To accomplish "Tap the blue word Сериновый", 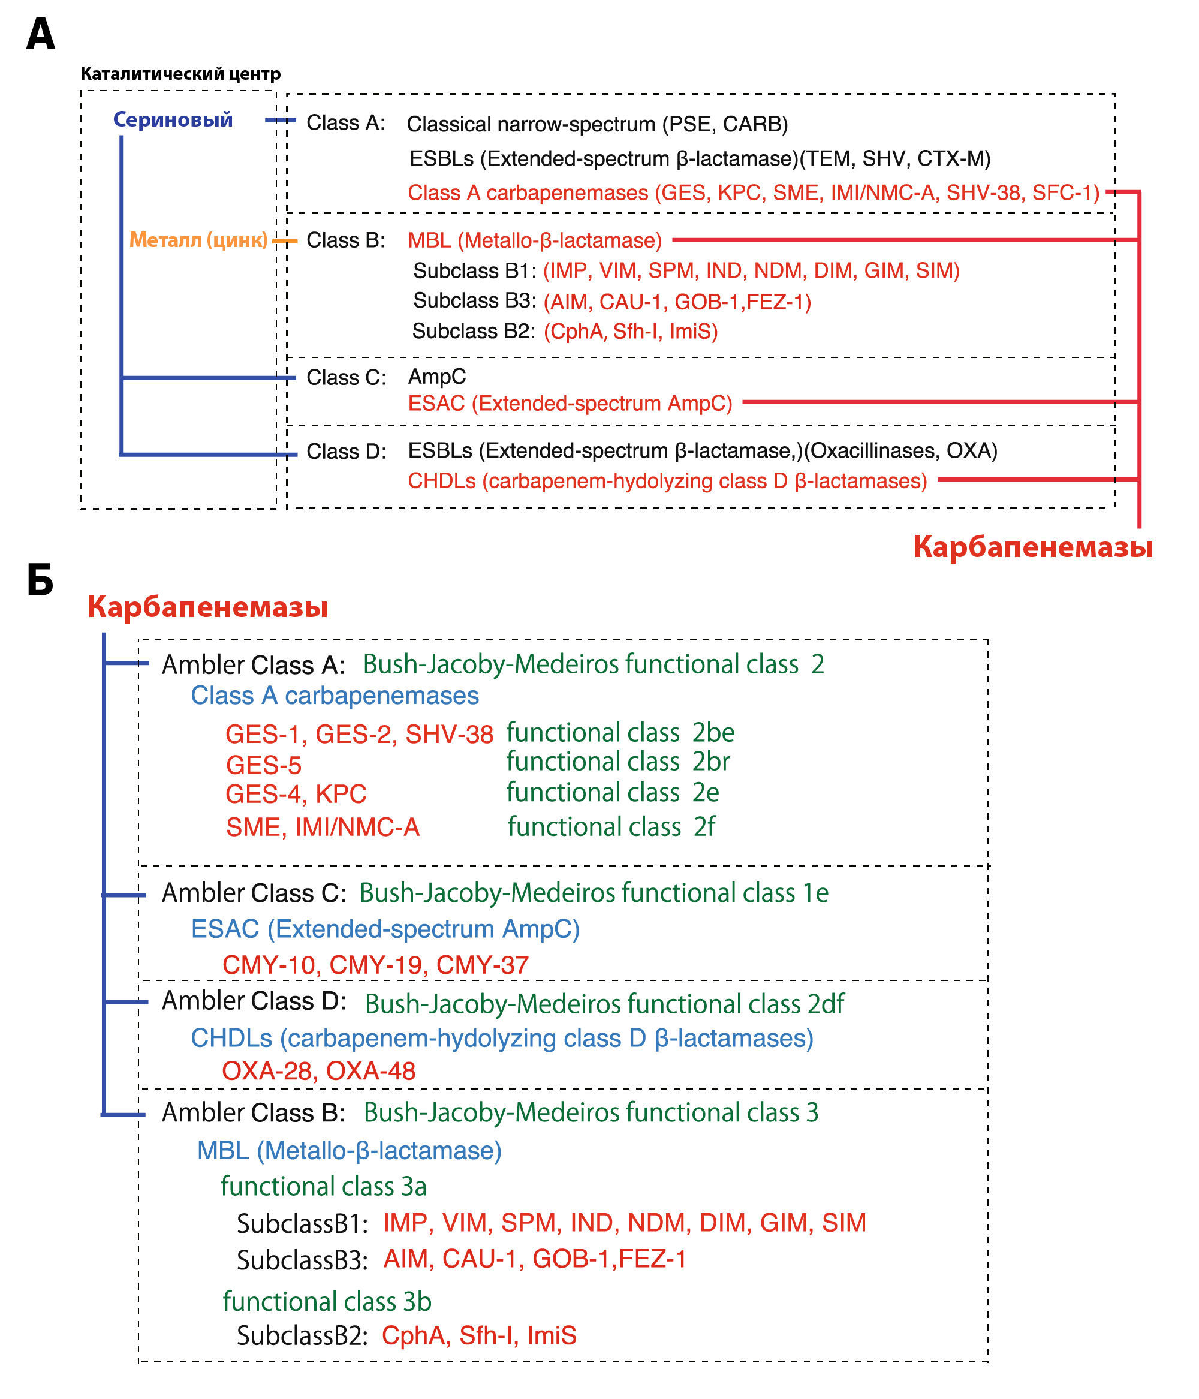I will pyautogui.click(x=173, y=119).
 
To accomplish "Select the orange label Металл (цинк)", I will pyautogui.click(x=198, y=240).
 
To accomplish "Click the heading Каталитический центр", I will pyautogui.click(x=180, y=74).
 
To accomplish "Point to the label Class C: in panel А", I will pyautogui.click(x=347, y=377).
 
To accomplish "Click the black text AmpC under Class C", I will pyautogui.click(x=437, y=376).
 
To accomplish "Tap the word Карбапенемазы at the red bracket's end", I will pyautogui.click(x=1033, y=546).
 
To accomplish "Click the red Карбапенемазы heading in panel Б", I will pyautogui.click(x=208, y=606).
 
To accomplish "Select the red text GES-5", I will pyautogui.click(x=263, y=765).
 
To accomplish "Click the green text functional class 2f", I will pyautogui.click(x=611, y=826).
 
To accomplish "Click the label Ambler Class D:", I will pyautogui.click(x=254, y=1001).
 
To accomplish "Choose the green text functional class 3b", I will pyautogui.click(x=327, y=1301).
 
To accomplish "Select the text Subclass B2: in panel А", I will pyautogui.click(x=473, y=331).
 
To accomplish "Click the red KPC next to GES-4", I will pyautogui.click(x=341, y=794).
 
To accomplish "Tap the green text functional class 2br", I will pyautogui.click(x=617, y=762).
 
